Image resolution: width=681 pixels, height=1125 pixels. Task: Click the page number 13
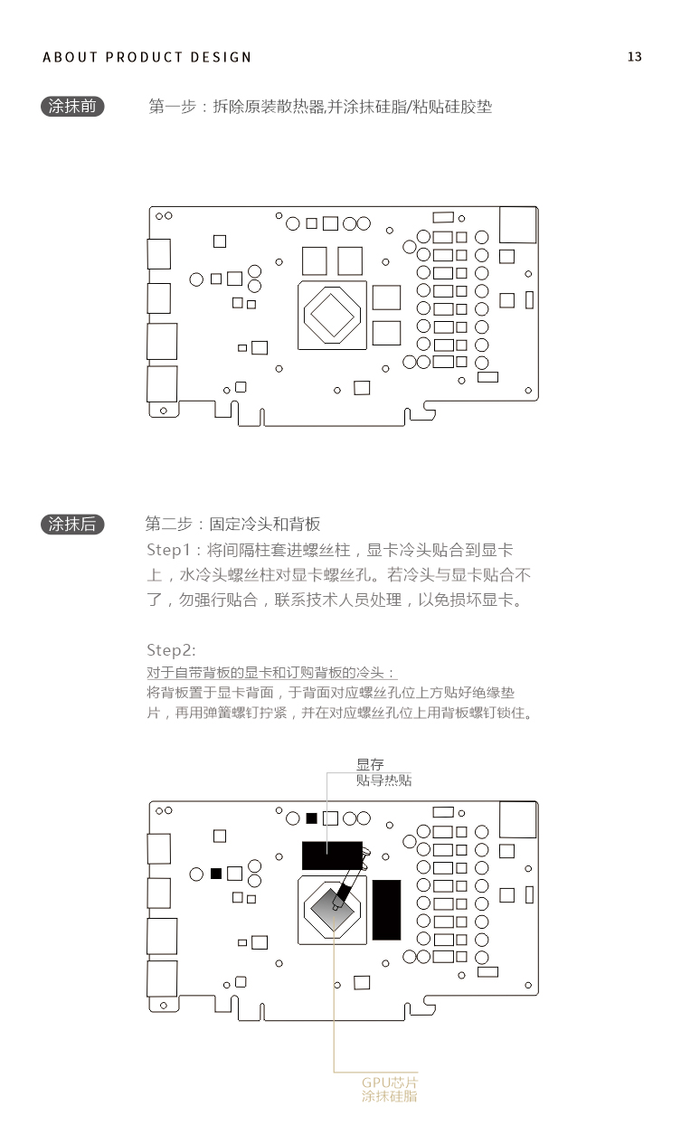pyautogui.click(x=634, y=57)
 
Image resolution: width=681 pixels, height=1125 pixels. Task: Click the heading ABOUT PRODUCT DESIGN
pyautogui.click(x=147, y=57)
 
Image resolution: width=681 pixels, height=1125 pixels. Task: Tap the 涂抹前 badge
pyautogui.click(x=72, y=107)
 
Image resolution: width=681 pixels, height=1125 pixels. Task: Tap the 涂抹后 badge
pyautogui.click(x=72, y=525)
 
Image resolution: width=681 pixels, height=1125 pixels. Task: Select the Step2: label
pyautogui.click(x=171, y=650)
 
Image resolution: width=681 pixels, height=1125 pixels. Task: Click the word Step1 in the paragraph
pyautogui.click(x=168, y=550)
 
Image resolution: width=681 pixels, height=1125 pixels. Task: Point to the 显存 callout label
pyautogui.click(x=370, y=764)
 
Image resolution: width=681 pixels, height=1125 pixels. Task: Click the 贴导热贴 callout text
pyautogui.click(x=383, y=780)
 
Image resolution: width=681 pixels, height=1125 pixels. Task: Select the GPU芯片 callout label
pyautogui.click(x=390, y=1082)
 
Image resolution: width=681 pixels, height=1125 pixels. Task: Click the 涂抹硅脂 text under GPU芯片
pyautogui.click(x=390, y=1096)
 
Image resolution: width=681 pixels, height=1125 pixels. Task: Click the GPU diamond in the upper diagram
pyautogui.click(x=332, y=315)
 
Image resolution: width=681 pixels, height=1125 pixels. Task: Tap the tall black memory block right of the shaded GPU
pyautogui.click(x=387, y=910)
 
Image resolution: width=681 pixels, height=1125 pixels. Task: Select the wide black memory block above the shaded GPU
pyautogui.click(x=332, y=856)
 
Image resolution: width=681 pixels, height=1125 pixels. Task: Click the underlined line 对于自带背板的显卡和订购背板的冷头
pyautogui.click(x=271, y=673)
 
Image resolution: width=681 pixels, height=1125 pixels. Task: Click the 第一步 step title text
pyautogui.click(x=172, y=107)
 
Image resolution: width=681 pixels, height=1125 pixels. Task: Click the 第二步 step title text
pyautogui.click(x=169, y=524)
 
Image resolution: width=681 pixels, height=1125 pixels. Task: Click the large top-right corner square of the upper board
pyautogui.click(x=518, y=224)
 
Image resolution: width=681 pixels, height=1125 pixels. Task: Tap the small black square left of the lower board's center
pyautogui.click(x=216, y=874)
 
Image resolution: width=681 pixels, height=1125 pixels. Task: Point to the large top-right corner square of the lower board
pyautogui.click(x=518, y=819)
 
